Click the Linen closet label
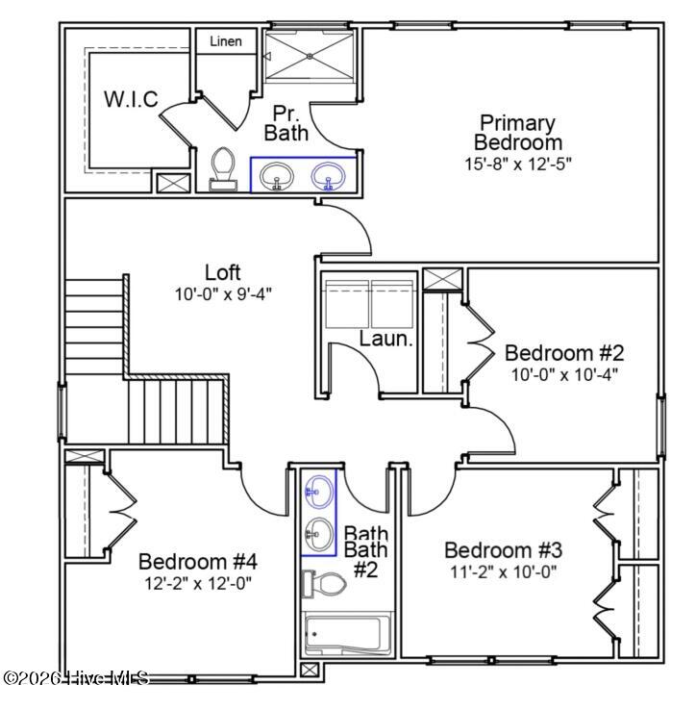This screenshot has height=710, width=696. [225, 41]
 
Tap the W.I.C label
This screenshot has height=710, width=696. [131, 99]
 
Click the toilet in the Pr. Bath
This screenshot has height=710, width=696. [223, 169]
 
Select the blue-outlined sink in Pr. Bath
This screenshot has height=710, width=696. [328, 176]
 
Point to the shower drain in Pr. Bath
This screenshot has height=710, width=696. [310, 57]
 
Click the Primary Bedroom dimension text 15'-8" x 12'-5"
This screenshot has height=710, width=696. [518, 164]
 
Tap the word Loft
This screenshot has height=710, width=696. [223, 272]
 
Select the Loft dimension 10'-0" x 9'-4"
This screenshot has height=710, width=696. [223, 294]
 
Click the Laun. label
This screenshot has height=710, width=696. [386, 339]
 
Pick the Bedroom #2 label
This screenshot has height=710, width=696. [564, 353]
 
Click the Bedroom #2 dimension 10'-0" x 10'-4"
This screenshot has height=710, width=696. [564, 374]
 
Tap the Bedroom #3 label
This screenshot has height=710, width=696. [503, 550]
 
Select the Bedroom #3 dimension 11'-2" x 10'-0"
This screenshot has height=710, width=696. [503, 571]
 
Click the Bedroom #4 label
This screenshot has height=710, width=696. [198, 562]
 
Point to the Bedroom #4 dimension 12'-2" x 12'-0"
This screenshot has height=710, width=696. [198, 583]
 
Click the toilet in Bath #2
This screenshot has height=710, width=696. [324, 584]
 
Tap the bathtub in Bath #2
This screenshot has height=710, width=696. [348, 634]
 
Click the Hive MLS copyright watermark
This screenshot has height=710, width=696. [76, 678]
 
